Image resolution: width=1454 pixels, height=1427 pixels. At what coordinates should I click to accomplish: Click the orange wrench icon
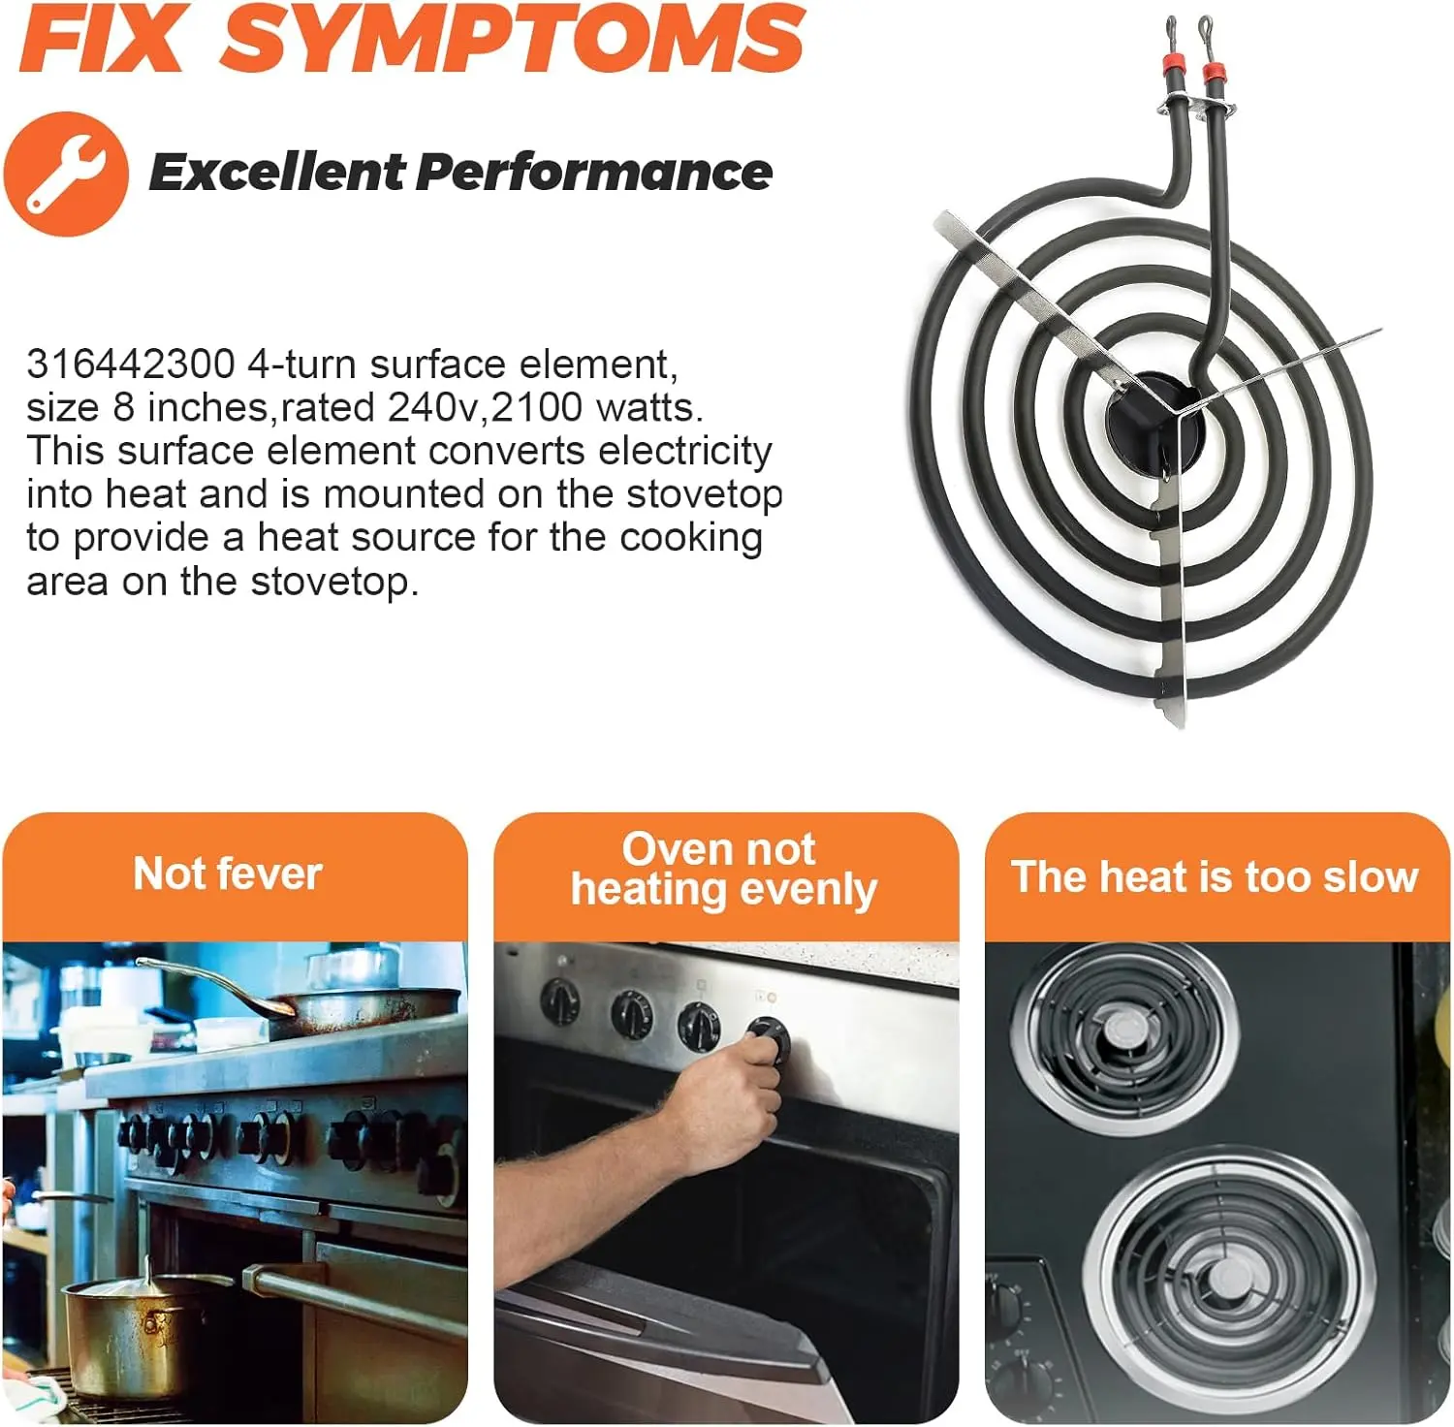click(66, 174)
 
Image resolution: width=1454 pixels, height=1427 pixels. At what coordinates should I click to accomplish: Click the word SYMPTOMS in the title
click(513, 38)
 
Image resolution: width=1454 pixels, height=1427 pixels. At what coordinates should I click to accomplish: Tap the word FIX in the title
click(102, 38)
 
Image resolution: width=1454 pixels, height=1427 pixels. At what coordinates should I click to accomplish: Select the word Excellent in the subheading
click(275, 173)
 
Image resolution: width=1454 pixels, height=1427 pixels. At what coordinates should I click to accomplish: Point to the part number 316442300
click(131, 365)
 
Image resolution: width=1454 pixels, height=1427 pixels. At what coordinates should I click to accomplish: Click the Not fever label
click(228, 873)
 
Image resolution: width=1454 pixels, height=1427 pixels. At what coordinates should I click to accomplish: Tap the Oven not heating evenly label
click(723, 870)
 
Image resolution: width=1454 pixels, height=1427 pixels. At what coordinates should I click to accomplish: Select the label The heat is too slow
click(1215, 876)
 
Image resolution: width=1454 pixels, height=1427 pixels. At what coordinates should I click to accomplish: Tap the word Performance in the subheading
click(594, 173)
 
